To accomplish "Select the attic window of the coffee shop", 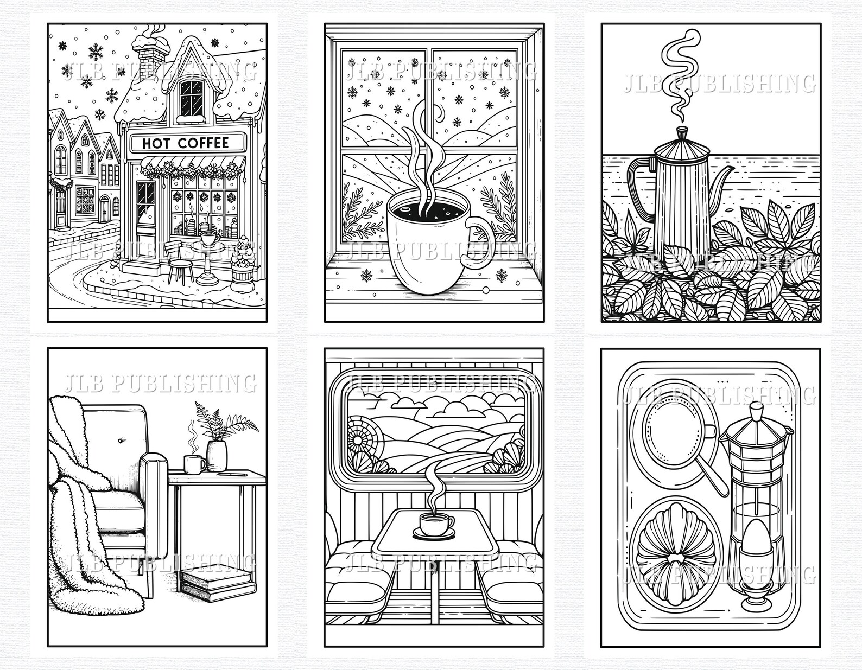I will click(x=191, y=95).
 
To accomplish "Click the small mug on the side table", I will click(x=194, y=464).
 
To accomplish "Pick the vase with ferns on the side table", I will click(x=217, y=455).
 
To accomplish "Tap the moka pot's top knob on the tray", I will click(x=754, y=412).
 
